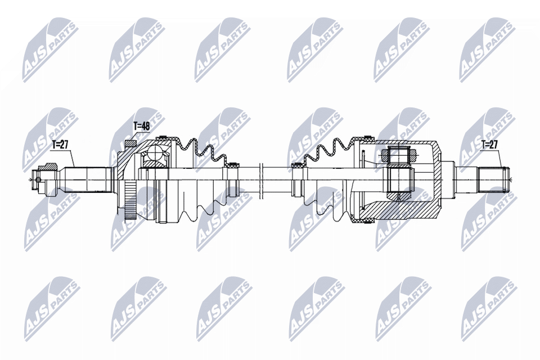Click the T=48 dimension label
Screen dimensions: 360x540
pos(141,126)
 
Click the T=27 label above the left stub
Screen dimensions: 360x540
pos(60,145)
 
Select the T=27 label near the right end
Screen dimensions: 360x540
pos(489,144)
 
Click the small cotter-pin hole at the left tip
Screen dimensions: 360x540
pos(38,180)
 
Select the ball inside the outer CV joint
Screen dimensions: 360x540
pos(154,154)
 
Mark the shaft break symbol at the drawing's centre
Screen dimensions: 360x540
pos(262,180)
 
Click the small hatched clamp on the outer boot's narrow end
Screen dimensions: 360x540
pos(231,166)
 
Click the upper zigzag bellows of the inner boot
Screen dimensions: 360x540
pos(326,150)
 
